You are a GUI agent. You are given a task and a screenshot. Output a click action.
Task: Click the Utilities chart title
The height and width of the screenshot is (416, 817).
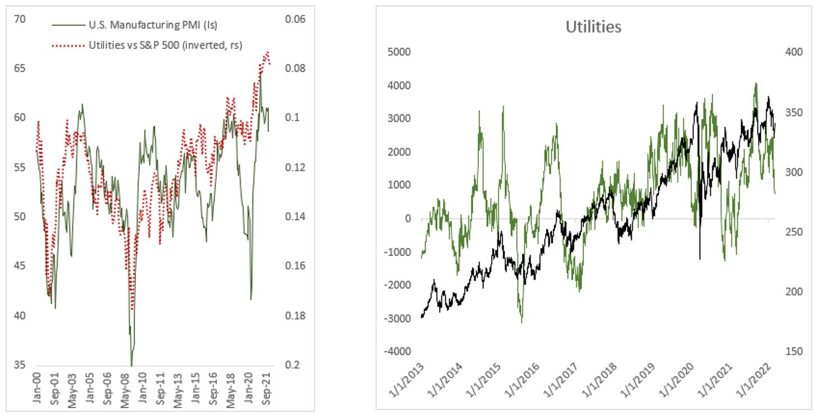click(x=594, y=26)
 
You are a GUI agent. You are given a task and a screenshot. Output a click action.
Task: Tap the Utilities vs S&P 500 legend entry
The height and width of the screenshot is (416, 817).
click(x=165, y=45)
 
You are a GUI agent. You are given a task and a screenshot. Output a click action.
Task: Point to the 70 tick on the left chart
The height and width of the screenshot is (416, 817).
click(x=20, y=19)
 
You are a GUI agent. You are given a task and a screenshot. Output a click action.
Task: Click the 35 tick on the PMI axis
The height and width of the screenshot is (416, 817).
click(x=20, y=365)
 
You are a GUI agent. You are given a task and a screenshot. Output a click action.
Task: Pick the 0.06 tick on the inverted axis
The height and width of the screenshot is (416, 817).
click(x=295, y=19)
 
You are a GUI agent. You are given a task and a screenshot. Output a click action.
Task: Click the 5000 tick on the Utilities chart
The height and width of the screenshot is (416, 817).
click(x=400, y=52)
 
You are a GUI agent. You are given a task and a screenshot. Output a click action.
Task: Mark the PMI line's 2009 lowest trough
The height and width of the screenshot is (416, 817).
click(x=131, y=365)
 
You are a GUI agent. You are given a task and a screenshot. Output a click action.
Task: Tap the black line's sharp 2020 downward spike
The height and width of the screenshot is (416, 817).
click(x=700, y=259)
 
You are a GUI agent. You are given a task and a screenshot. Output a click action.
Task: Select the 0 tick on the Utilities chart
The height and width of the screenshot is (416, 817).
click(x=408, y=218)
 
